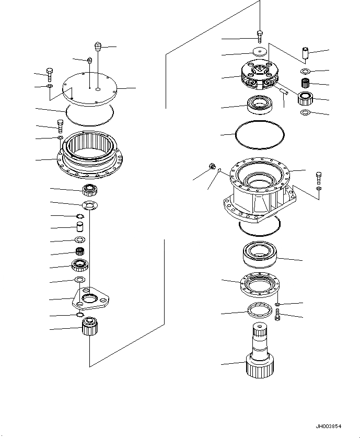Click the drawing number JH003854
click(x=331, y=426)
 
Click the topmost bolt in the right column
click(x=260, y=36)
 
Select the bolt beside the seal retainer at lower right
click(x=277, y=315)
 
